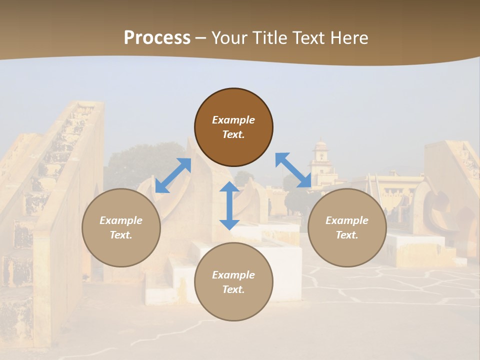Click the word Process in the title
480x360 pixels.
click(157, 38)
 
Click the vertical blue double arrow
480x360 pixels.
click(229, 205)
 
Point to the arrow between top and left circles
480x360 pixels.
click(173, 175)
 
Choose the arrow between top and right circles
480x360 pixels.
click(293, 170)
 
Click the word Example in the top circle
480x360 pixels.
click(233, 120)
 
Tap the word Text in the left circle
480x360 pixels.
click(121, 235)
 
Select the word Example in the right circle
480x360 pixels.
click(347, 220)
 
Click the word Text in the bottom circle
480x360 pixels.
click(233, 289)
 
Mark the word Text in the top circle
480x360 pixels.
click(233, 134)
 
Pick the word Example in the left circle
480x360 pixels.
click(121, 220)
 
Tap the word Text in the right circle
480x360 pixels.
click(346, 235)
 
